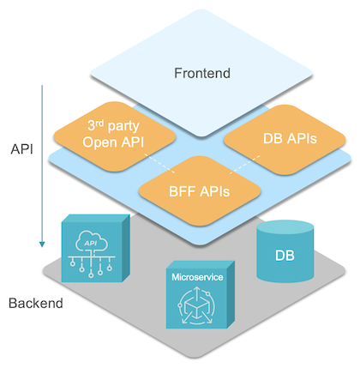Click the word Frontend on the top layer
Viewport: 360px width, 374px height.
coord(201,74)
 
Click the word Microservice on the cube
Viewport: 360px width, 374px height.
coord(196,278)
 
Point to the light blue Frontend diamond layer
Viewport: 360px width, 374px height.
coord(201,51)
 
